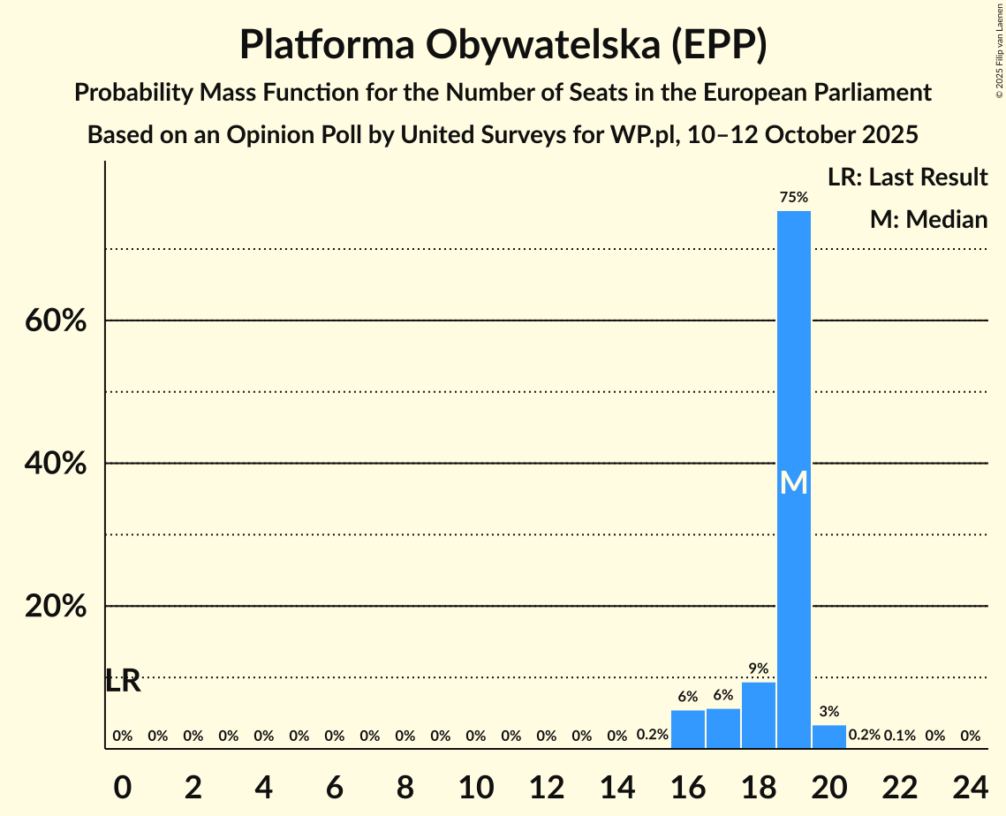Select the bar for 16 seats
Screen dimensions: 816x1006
688,729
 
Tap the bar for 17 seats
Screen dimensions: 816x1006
723,729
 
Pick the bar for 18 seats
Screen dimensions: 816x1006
759,715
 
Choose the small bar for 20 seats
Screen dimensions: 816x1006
828,737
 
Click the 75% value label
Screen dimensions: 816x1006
793,198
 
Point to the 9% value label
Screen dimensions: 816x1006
758,669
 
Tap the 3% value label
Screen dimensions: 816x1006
828,712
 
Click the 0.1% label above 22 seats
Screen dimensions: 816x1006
899,736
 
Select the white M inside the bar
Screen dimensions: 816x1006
793,482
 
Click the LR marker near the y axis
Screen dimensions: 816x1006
123,681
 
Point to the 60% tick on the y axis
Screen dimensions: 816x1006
56,321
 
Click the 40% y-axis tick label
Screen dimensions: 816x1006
56,464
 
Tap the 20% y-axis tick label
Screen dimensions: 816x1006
56,607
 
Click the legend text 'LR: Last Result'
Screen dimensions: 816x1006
907,178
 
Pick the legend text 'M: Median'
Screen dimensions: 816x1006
928,220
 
